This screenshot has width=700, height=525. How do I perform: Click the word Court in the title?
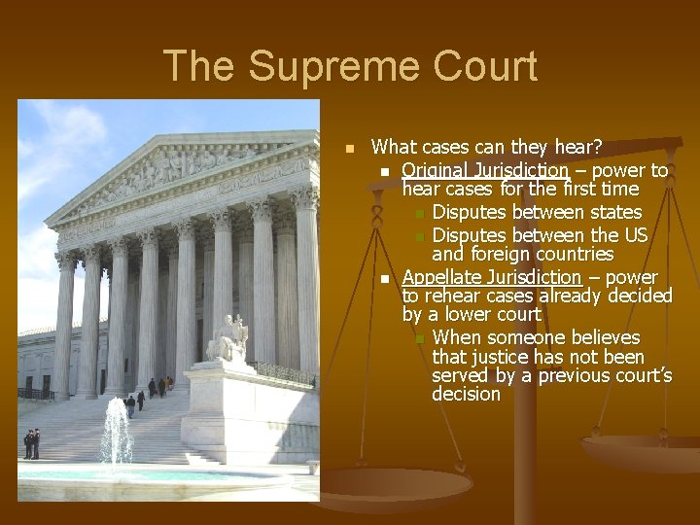pyautogui.click(x=476, y=67)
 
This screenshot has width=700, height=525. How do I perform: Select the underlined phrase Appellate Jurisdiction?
pyautogui.click(x=491, y=277)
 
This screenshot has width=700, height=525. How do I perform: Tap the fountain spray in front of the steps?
pyautogui.click(x=116, y=433)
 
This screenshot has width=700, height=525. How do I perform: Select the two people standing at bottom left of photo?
pyautogui.click(x=31, y=443)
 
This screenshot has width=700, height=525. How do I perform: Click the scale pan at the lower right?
pyautogui.click(x=643, y=452)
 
